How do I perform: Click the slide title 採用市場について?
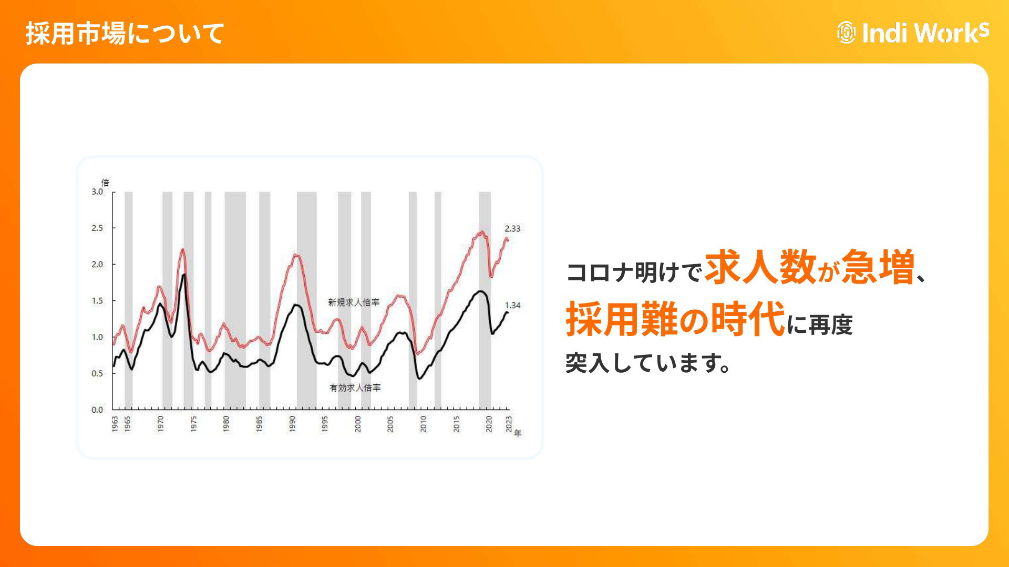click(125, 34)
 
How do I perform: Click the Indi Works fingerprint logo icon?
click(846, 33)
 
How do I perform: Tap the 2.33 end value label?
click(512, 228)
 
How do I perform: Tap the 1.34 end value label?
click(512, 305)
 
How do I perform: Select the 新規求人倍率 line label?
click(354, 302)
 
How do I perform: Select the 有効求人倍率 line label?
click(355, 387)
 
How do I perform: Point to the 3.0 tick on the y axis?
click(97, 192)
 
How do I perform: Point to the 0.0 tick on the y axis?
click(97, 409)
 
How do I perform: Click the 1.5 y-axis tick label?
click(97, 301)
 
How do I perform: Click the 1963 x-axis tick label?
click(115, 424)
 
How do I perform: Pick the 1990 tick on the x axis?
click(292, 424)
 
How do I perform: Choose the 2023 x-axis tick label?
click(509, 424)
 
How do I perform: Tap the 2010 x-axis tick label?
click(424, 424)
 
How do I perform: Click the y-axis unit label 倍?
click(105, 183)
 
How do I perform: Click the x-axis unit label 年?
click(518, 433)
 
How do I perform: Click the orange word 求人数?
click(760, 267)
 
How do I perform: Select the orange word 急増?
click(878, 267)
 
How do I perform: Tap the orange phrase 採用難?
click(622, 319)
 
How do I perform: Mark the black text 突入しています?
click(648, 363)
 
